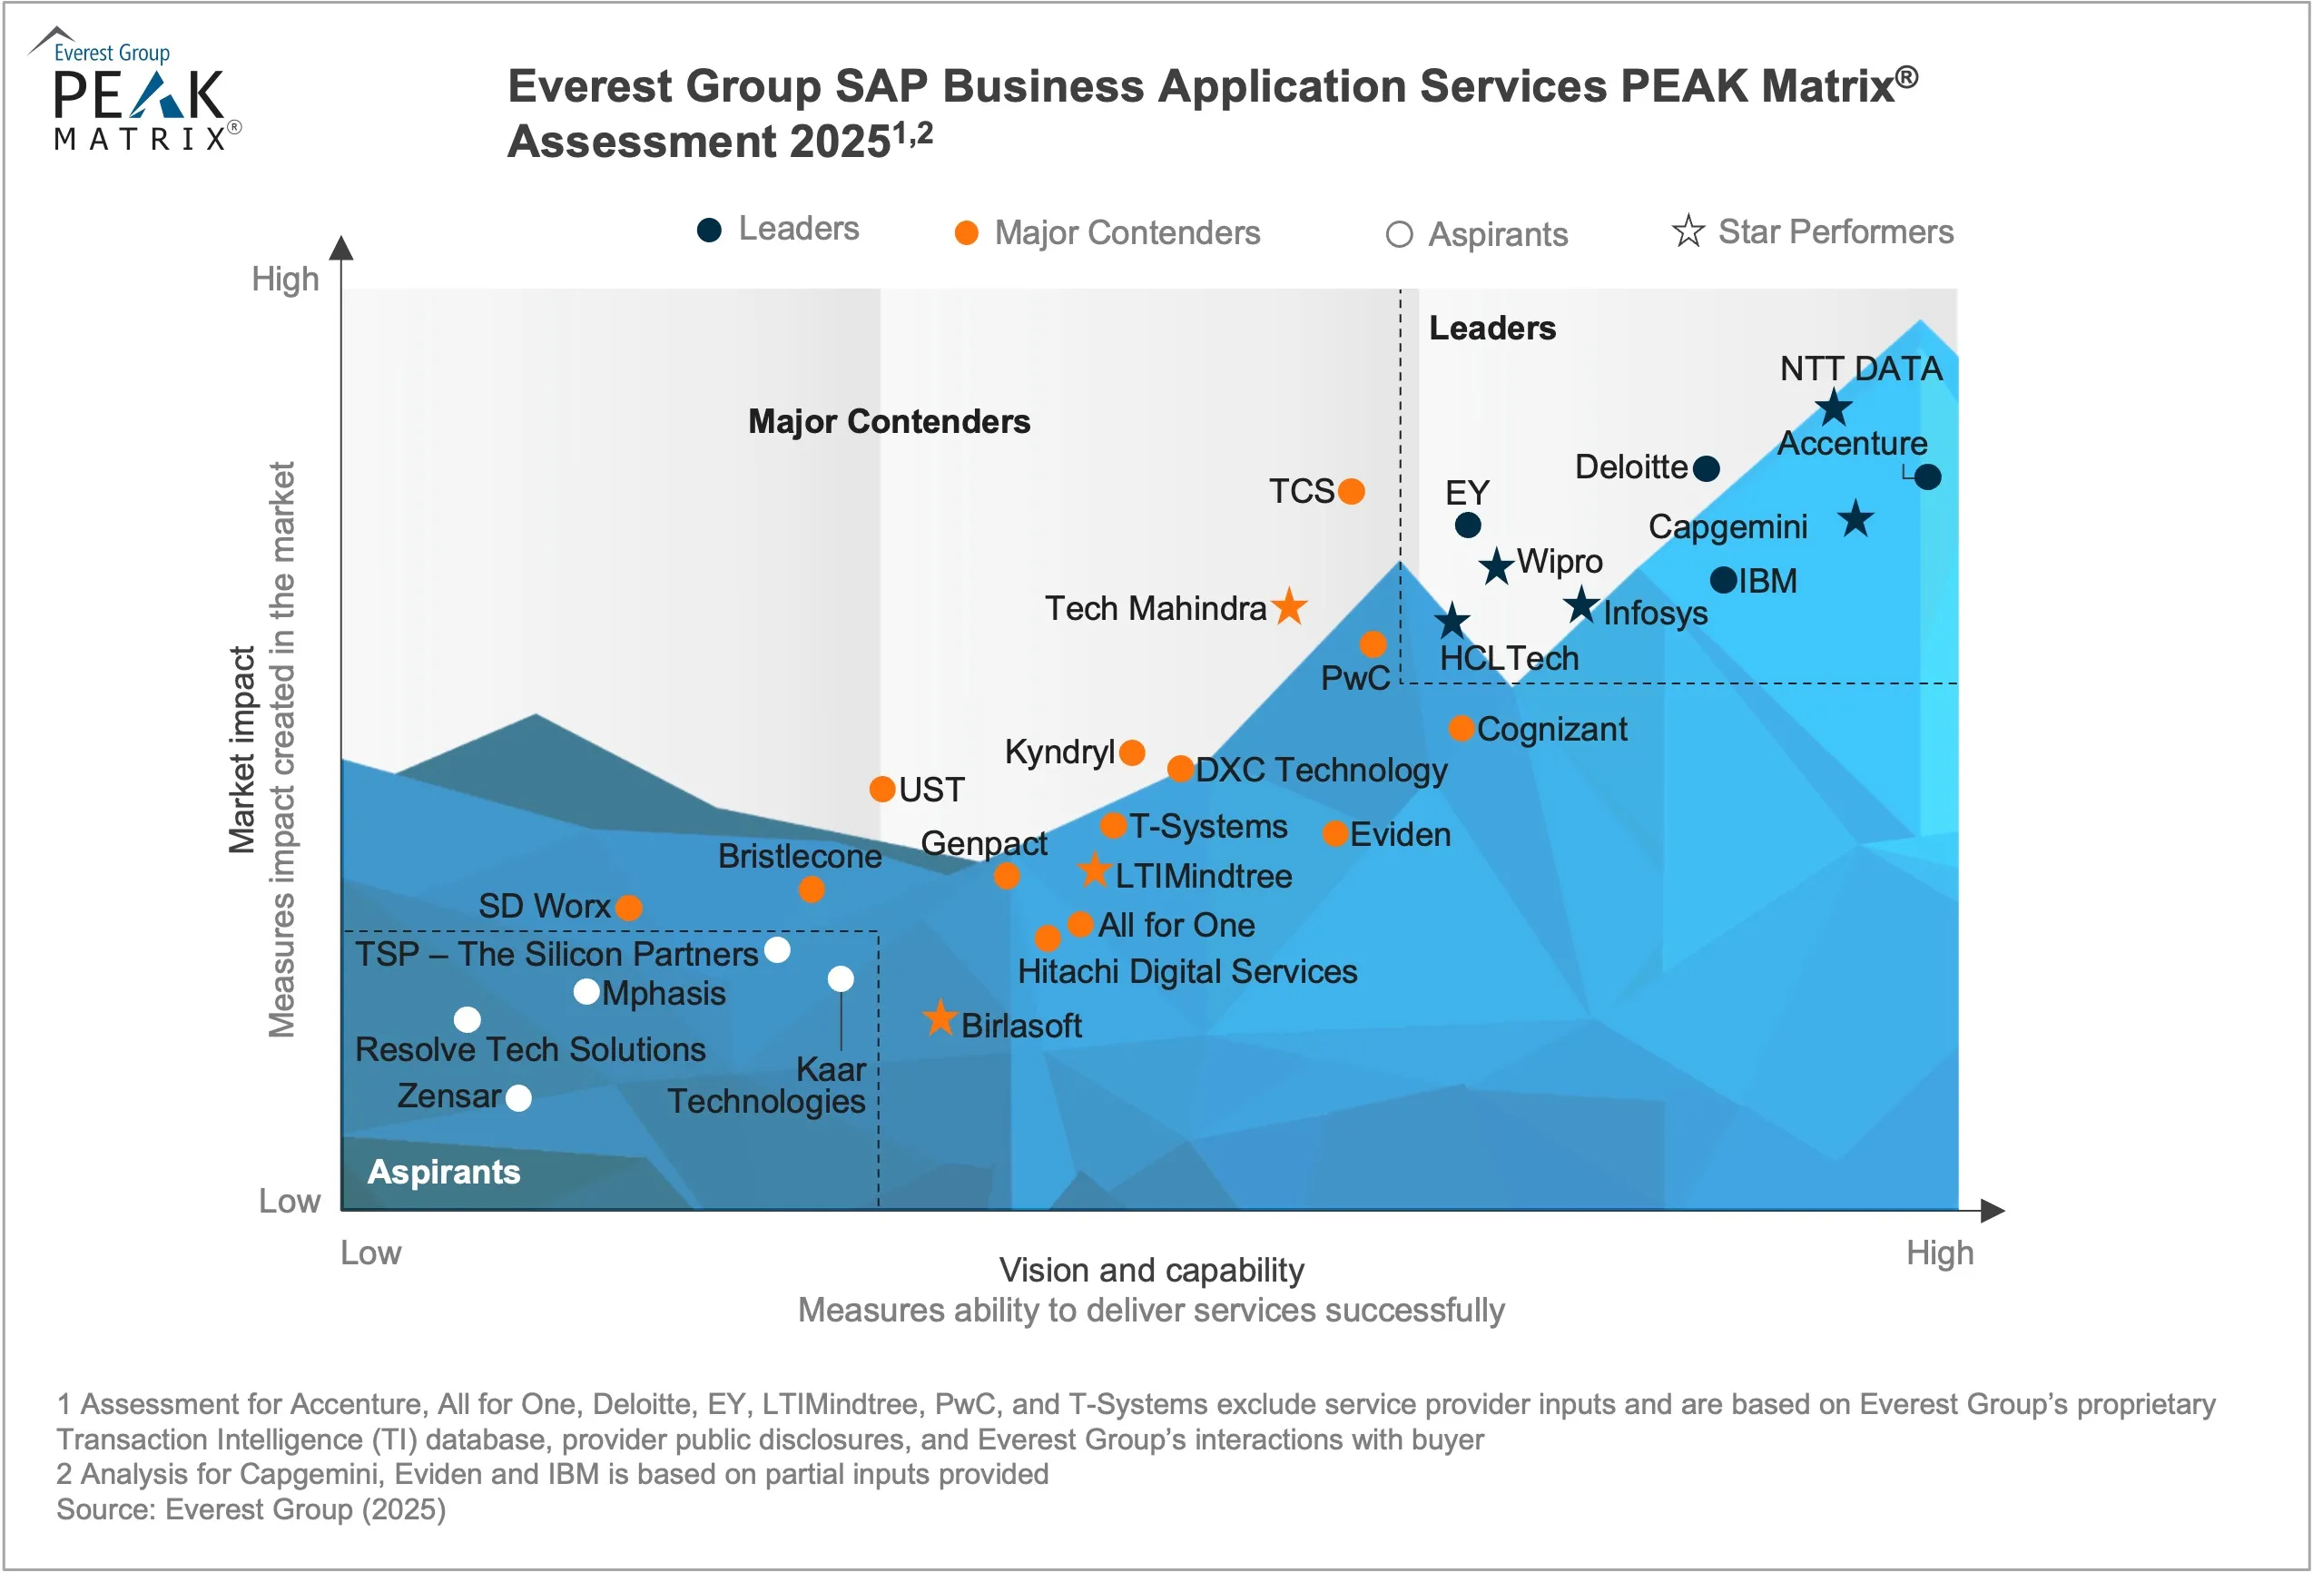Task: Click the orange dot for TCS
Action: (1351, 492)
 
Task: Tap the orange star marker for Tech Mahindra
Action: (1289, 606)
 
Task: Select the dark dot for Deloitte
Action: (1706, 468)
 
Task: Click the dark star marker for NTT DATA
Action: (1834, 408)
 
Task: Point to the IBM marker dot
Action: (1724, 580)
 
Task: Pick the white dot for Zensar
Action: (518, 1098)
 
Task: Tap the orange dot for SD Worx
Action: (628, 908)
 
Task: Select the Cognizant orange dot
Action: (1460, 728)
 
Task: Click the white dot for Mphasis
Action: (587, 992)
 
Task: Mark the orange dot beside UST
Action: (881, 789)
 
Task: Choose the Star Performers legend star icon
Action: (1688, 231)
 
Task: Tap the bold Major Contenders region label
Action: (889, 422)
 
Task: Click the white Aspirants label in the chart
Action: (444, 1172)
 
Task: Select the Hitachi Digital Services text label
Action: (1186, 971)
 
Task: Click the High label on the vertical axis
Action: (285, 280)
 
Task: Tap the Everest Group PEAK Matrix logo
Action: (137, 92)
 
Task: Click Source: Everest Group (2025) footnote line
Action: (251, 1509)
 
